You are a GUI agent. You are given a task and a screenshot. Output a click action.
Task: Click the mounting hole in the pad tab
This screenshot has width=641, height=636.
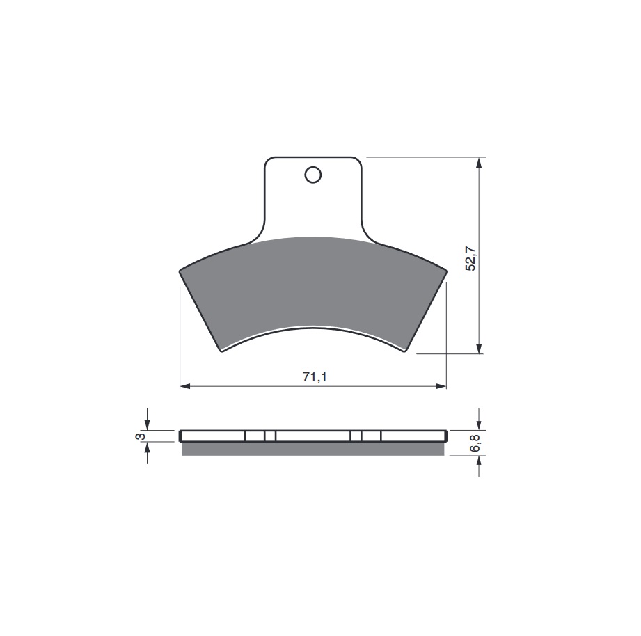point(313,175)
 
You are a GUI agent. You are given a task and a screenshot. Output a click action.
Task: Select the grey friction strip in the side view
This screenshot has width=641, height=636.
point(313,449)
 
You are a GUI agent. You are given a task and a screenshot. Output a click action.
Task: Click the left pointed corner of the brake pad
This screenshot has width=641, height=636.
point(180,272)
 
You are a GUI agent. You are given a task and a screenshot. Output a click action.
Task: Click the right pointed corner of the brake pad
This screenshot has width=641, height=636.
point(445,271)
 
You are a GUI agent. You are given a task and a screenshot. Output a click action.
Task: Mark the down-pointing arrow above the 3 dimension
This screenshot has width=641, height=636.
point(147,424)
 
